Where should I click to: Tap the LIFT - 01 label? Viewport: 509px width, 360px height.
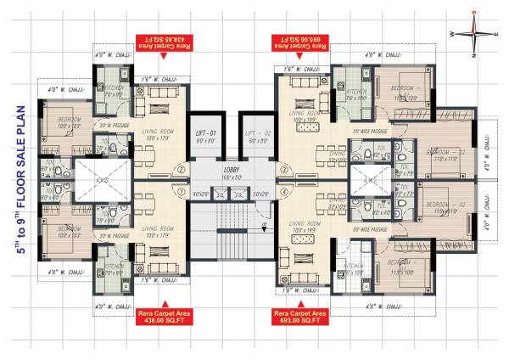click(204, 133)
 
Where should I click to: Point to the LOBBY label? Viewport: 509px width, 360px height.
click(230, 171)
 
